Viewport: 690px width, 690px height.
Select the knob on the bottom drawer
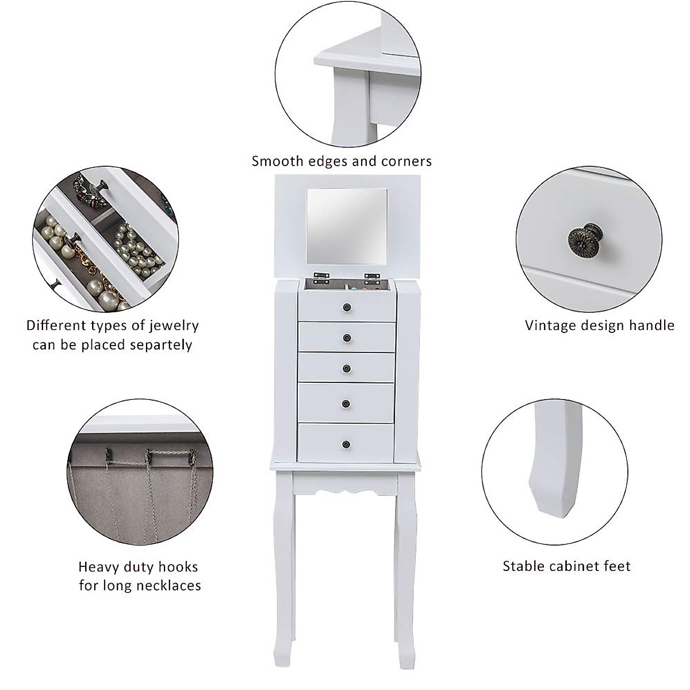pyautogui.click(x=346, y=443)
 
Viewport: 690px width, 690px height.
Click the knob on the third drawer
pyautogui.click(x=347, y=368)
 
